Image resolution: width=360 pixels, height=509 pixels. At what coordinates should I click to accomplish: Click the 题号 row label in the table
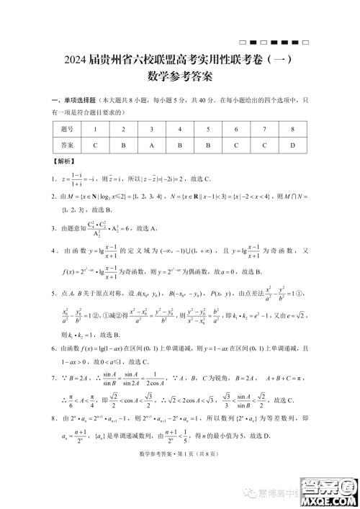(x=48, y=129)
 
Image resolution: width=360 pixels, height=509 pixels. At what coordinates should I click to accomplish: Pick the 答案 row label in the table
(x=48, y=145)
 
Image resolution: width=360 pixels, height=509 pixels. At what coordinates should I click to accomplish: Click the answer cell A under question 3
(x=152, y=145)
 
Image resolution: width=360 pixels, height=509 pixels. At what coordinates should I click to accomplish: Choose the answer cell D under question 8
(x=292, y=145)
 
